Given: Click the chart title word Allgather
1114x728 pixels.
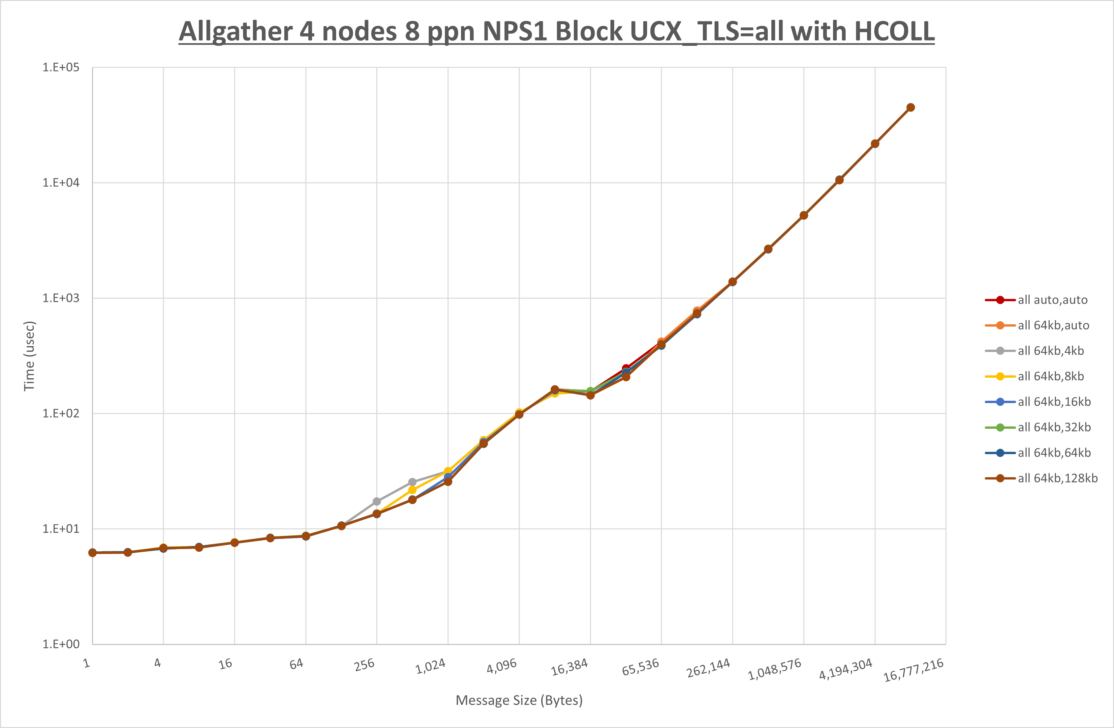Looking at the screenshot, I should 235,32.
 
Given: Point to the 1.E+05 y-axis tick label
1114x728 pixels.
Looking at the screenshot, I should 61,67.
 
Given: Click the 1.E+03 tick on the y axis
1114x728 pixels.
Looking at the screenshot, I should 61,298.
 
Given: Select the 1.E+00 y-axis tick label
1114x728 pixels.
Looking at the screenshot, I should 61,644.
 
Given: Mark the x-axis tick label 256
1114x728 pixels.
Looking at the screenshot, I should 364,664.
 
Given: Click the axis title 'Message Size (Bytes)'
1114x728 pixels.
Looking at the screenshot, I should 519,700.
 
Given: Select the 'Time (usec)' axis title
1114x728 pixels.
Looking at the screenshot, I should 29,356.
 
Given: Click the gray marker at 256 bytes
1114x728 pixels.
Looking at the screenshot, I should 377,502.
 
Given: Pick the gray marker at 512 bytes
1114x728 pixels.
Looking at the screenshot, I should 412,482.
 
